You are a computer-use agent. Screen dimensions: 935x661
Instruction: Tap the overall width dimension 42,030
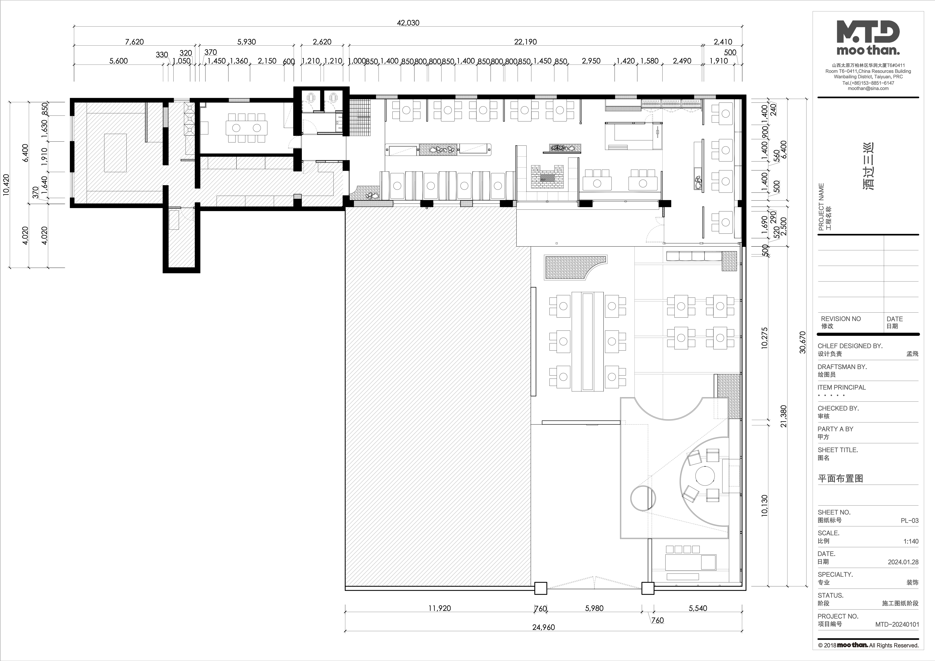click(408, 23)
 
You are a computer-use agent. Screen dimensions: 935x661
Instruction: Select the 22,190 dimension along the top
click(525, 42)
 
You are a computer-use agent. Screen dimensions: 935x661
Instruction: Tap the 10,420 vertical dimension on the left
click(6, 185)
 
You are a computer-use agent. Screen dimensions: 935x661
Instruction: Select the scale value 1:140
click(911, 541)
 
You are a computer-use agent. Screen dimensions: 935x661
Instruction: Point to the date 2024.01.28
click(903, 562)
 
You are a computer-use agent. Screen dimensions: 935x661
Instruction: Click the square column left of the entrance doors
click(540, 588)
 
